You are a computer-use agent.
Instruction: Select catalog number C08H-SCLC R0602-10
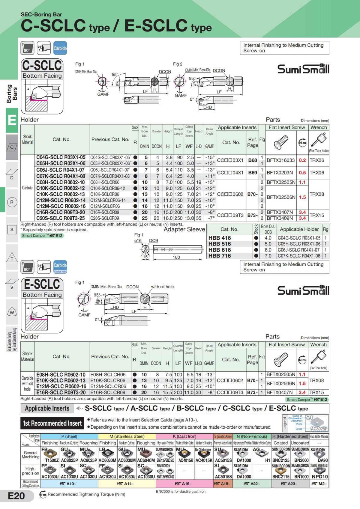tap(61, 182)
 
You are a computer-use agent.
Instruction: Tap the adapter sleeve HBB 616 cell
tap(220, 250)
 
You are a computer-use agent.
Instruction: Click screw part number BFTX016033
tap(281, 160)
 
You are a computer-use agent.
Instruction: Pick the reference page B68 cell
tap(253, 160)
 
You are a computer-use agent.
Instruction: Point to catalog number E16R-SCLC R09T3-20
tap(61, 392)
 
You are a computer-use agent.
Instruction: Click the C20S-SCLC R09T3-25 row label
tap(61, 218)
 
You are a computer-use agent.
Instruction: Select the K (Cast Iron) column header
tap(184, 436)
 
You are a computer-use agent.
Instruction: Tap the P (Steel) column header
tap(69, 436)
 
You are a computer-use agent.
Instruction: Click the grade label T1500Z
tap(52, 460)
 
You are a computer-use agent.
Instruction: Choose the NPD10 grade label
tap(320, 477)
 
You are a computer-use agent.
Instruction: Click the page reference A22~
tap(252, 484)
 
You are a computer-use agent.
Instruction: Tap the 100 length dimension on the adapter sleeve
tap(176, 257)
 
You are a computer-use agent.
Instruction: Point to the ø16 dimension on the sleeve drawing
tap(138, 240)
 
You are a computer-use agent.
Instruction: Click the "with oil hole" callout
tap(162, 287)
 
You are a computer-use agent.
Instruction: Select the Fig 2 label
tap(178, 64)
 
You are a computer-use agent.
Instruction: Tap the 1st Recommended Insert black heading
tap(52, 423)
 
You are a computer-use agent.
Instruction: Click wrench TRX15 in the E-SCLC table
tap(317, 392)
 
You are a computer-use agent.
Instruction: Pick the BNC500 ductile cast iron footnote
tap(181, 491)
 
